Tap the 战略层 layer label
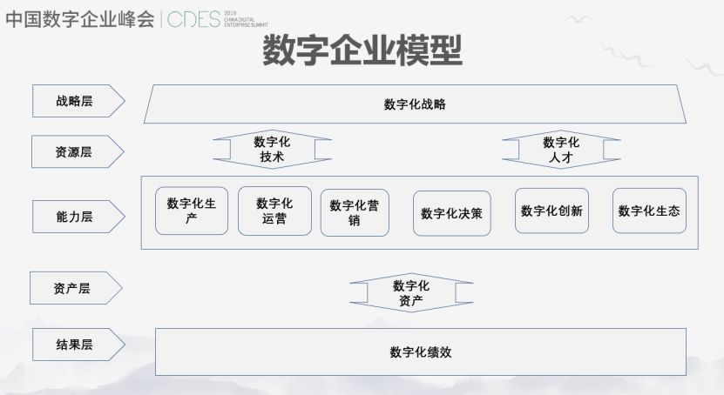(76, 102)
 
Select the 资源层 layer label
(76, 151)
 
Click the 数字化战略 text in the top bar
(415, 104)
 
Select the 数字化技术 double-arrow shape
(272, 150)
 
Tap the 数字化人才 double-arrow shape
(561, 150)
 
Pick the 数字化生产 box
(192, 211)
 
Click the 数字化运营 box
(274, 211)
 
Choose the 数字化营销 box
(354, 213)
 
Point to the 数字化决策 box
(451, 213)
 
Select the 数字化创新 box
(551, 211)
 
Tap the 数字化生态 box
(649, 211)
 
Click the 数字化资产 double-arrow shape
(410, 293)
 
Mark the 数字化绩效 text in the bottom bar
(420, 352)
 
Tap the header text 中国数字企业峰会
(78, 20)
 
